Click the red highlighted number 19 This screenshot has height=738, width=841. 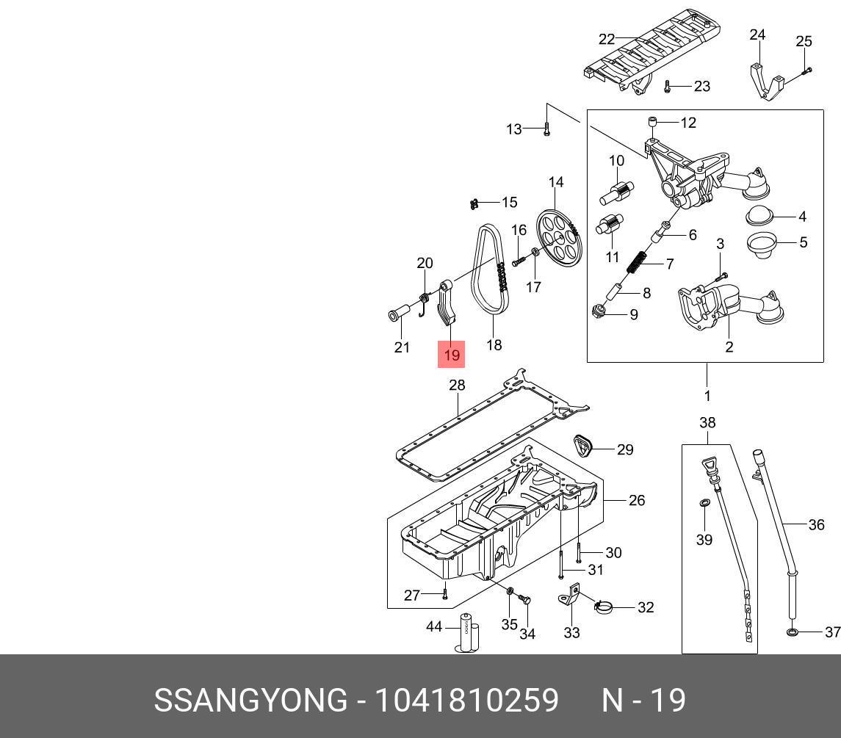click(x=451, y=354)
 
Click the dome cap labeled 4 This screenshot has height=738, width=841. click(x=759, y=217)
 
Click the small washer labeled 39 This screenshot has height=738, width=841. click(x=704, y=503)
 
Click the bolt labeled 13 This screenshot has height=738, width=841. click(x=546, y=129)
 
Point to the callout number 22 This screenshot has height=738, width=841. click(x=606, y=39)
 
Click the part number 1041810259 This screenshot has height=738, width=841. click(x=467, y=701)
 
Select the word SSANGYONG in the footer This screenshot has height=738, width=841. click(x=250, y=701)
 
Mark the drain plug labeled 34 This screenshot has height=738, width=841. click(x=524, y=600)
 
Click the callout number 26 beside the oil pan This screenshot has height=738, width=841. click(x=637, y=500)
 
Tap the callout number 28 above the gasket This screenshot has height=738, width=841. click(x=457, y=386)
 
